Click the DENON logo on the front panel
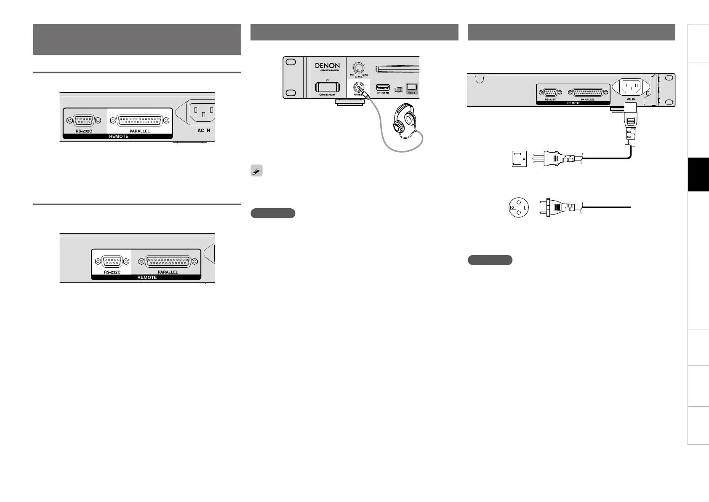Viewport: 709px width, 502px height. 327,66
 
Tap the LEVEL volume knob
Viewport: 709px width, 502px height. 358,67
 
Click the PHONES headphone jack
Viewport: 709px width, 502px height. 359,88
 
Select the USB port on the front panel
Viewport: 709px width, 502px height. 383,88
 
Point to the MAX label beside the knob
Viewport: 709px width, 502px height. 365,75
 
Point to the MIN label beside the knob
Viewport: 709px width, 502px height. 352,75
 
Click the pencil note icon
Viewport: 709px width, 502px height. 256,171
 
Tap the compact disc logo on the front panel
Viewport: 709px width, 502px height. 397,90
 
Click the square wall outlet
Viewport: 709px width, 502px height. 519,158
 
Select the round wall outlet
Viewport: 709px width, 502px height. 519,207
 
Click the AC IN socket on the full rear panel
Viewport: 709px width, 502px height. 631,87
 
